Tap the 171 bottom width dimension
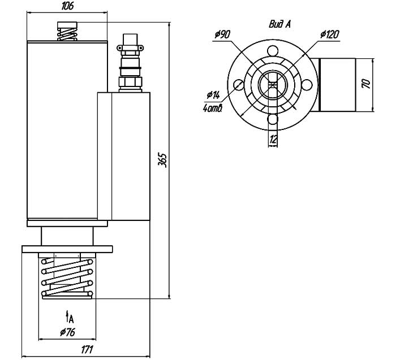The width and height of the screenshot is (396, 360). [x=86, y=350]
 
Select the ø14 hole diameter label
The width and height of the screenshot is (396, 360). [x=213, y=94]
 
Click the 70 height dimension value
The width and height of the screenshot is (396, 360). [x=366, y=84]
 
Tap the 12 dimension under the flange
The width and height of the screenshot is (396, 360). [x=273, y=139]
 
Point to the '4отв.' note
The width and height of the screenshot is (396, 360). [x=213, y=107]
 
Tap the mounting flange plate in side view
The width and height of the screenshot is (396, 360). [x=67, y=249]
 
